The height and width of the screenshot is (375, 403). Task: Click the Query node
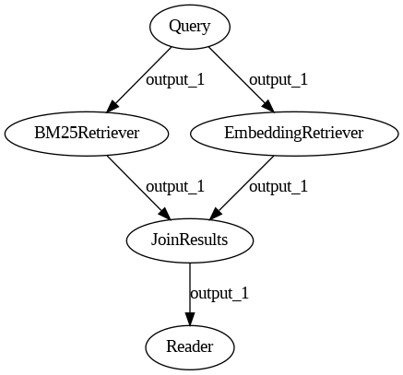[x=190, y=27]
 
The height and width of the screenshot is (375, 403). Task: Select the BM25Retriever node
[x=87, y=134]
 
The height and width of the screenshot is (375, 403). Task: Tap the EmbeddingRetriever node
[x=294, y=134]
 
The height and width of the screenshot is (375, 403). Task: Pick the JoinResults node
[x=190, y=240]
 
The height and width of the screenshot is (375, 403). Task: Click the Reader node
[x=190, y=347]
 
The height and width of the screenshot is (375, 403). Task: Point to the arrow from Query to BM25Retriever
[x=138, y=80]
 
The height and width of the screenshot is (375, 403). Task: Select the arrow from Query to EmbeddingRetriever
[x=242, y=80]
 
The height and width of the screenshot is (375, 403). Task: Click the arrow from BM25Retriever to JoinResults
[x=138, y=188]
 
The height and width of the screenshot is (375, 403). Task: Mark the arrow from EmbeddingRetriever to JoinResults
[x=242, y=188]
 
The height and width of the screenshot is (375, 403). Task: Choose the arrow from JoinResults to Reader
[x=190, y=294]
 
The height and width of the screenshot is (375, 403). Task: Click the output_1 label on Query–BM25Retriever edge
[x=175, y=80]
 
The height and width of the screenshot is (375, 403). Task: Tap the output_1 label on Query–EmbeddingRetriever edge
[x=279, y=80]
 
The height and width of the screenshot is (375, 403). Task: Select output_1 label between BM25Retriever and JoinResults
[x=175, y=186]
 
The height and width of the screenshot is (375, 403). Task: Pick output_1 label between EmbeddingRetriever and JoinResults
[x=279, y=186]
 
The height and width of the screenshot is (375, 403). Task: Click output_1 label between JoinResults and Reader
[x=219, y=293]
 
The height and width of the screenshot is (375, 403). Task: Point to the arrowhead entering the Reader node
[x=190, y=319]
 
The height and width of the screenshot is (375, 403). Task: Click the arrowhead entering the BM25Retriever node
[x=112, y=107]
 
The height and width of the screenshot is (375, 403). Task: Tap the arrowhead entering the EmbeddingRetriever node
[x=268, y=107]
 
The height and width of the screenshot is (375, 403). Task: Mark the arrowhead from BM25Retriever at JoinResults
[x=165, y=214]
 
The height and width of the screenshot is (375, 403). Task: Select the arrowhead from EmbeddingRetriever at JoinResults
[x=215, y=214]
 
